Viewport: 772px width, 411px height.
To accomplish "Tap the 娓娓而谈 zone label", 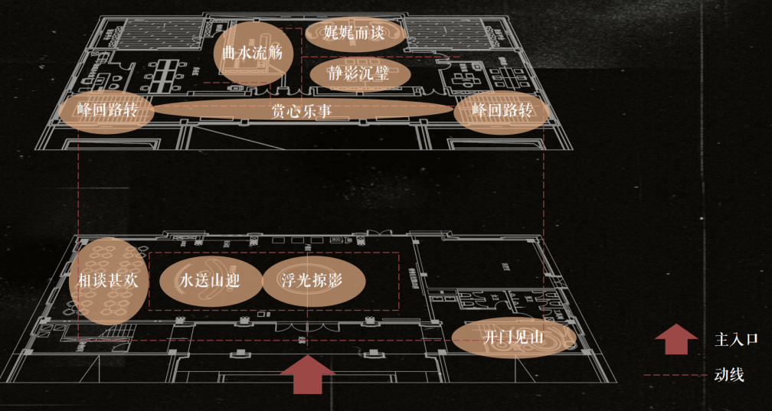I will click(355, 33).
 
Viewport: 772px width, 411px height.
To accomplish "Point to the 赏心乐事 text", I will click(301, 109).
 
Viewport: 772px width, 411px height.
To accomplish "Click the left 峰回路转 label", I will click(107, 109).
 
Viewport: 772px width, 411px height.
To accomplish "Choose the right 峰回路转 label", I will click(502, 109).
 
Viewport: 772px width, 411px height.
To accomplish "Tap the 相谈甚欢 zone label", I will click(108, 280).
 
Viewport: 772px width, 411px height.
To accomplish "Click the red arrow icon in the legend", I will click(675, 338).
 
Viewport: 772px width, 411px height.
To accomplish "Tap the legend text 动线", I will click(728, 375).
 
